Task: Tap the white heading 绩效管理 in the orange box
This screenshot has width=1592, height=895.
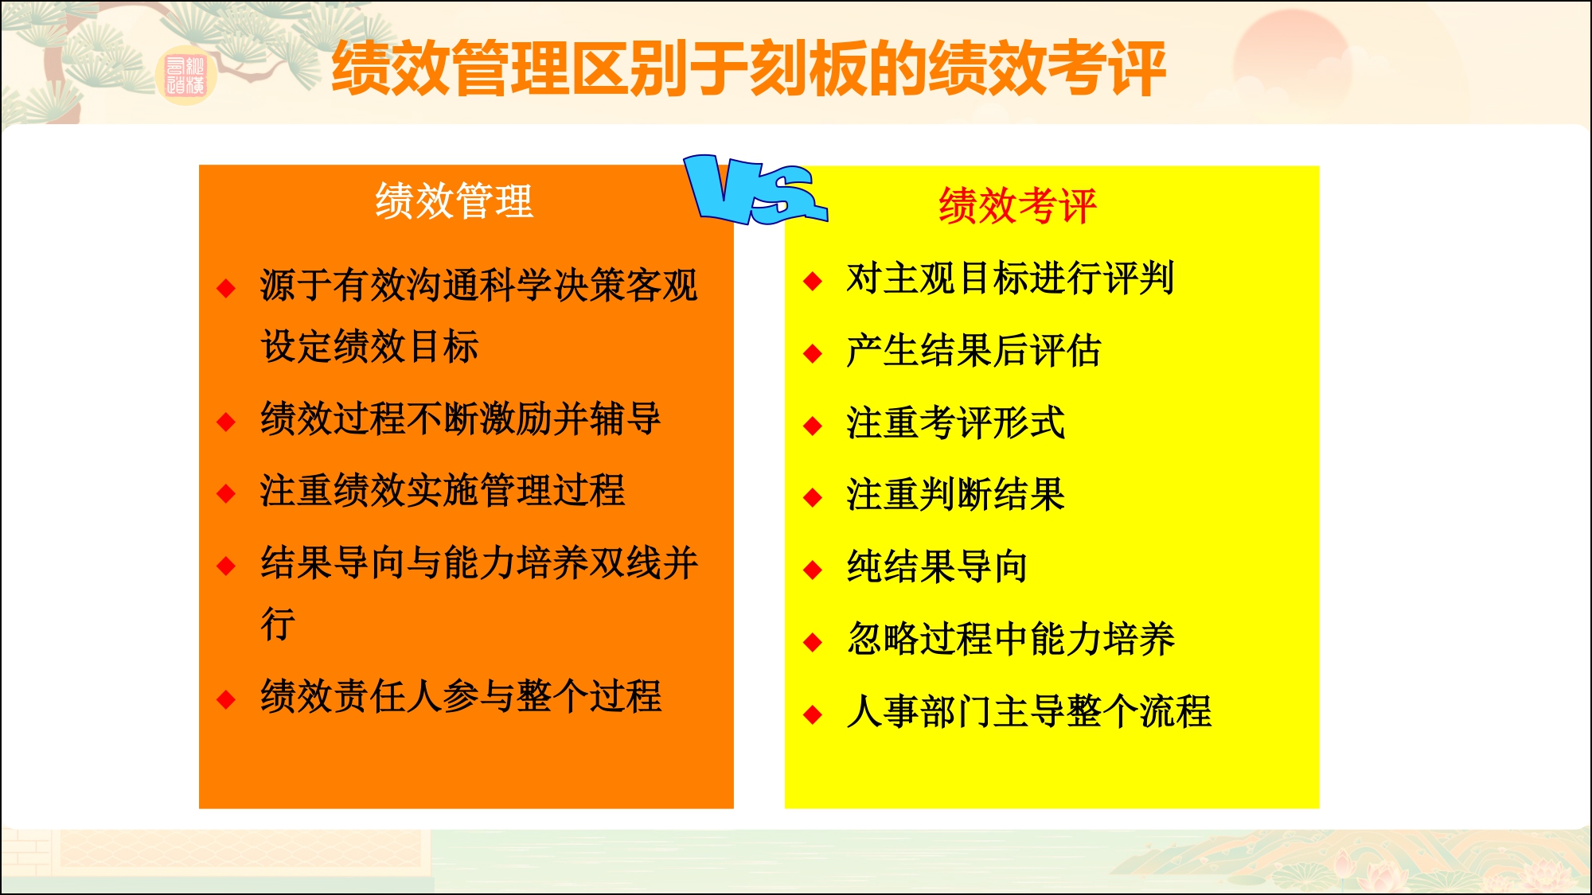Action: (x=454, y=200)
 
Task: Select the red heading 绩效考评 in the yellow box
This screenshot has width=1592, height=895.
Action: (x=1017, y=206)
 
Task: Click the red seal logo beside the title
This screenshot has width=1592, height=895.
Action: (x=185, y=76)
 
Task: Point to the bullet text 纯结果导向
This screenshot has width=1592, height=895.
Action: (x=937, y=567)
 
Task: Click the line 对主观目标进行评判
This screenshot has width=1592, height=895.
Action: (x=1009, y=278)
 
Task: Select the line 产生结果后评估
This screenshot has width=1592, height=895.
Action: (x=973, y=351)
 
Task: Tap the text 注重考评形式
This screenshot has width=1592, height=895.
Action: (x=955, y=422)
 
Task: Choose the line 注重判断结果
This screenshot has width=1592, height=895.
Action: (x=955, y=495)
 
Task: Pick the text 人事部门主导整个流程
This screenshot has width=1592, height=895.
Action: (x=1028, y=711)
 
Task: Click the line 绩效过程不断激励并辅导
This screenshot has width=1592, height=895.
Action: (x=460, y=418)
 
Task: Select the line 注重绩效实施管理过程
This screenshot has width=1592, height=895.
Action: (x=442, y=490)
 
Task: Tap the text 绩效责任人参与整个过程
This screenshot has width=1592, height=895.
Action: (x=460, y=696)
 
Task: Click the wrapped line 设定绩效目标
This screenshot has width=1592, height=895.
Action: (x=369, y=347)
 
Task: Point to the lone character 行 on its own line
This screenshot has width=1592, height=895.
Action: (x=278, y=624)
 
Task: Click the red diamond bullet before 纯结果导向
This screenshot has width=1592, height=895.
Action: (x=813, y=570)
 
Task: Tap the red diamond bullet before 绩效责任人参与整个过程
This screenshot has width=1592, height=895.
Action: (x=226, y=699)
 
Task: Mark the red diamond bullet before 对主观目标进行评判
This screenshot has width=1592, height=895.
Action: (x=813, y=281)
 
